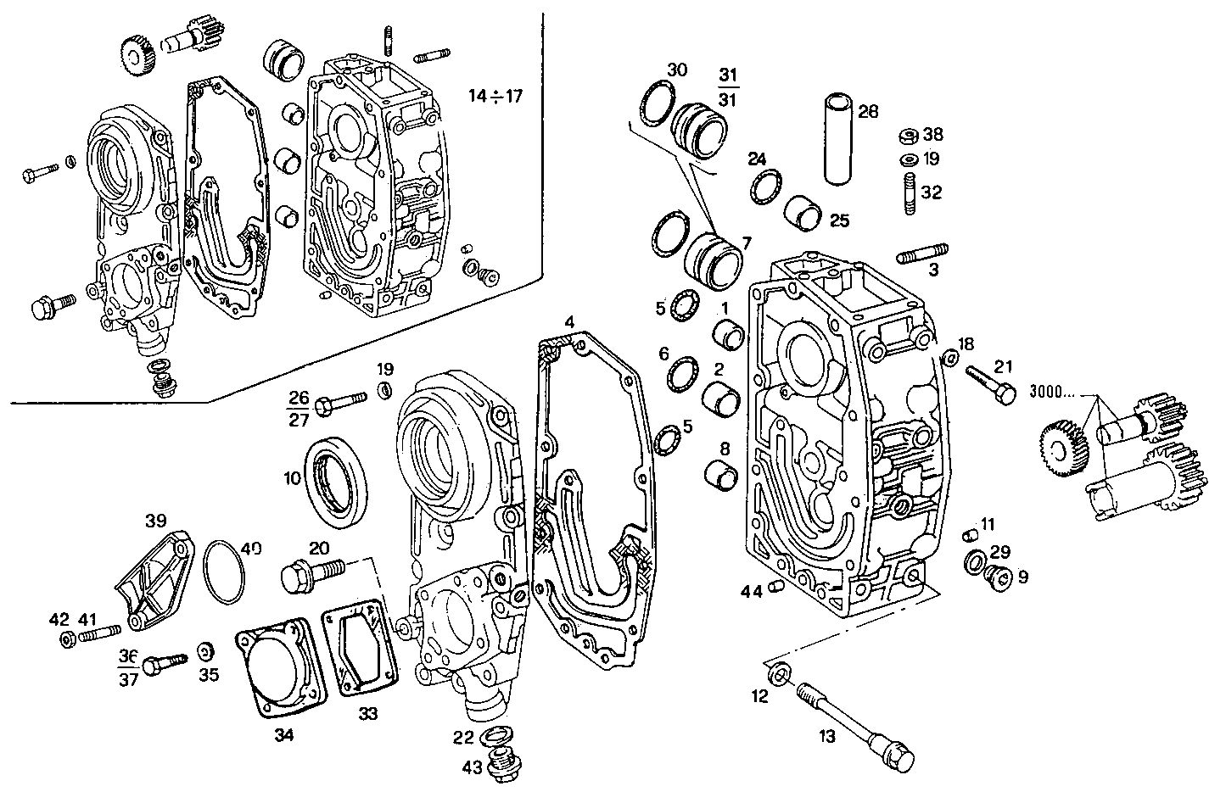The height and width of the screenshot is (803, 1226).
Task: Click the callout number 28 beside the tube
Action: [x=868, y=111]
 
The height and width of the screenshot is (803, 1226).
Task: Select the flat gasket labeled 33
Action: [x=360, y=647]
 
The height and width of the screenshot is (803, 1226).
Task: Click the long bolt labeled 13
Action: [x=854, y=722]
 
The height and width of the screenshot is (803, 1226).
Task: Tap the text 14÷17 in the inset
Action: [x=495, y=95]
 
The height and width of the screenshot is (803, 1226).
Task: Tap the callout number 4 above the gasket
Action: [x=569, y=322]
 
